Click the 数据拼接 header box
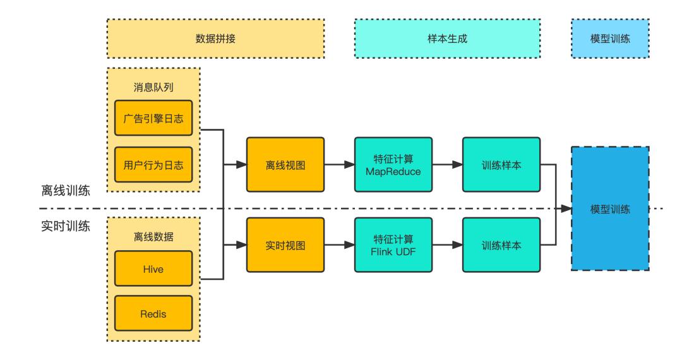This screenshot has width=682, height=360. [x=215, y=39]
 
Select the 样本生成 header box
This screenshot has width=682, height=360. [x=447, y=39]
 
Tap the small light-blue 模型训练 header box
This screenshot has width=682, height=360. [x=610, y=39]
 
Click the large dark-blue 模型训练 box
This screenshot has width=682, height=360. [x=610, y=208]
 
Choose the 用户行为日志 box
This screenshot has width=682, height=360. [x=153, y=164]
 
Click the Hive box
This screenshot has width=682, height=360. [x=153, y=268]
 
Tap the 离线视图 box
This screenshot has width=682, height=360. [x=285, y=164]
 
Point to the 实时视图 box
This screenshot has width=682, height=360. [x=285, y=245]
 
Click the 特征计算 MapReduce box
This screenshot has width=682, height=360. [x=393, y=164]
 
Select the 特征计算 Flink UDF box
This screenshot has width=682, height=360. [x=393, y=245]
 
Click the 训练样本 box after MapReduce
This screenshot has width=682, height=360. [x=501, y=164]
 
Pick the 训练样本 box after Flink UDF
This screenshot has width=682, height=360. [x=501, y=245]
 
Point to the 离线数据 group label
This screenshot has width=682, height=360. [x=153, y=237]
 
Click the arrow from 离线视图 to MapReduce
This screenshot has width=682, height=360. [x=339, y=164]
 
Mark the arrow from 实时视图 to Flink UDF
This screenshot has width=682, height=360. [x=339, y=245]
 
